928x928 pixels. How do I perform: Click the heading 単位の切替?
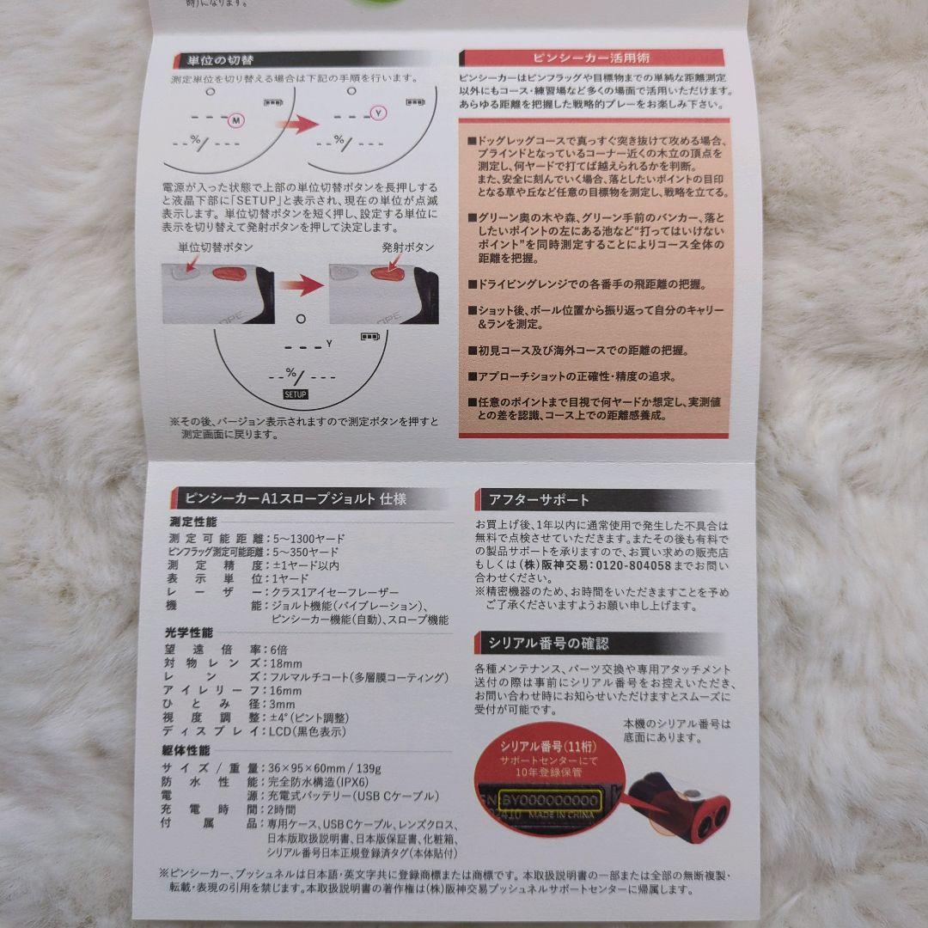tap(215, 61)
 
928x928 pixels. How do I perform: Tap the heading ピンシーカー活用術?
tap(591, 58)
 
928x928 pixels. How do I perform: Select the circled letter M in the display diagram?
tap(236, 120)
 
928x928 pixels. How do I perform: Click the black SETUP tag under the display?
tap(295, 394)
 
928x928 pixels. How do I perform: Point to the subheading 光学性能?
tap(187, 632)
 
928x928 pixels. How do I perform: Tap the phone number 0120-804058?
tap(633, 565)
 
